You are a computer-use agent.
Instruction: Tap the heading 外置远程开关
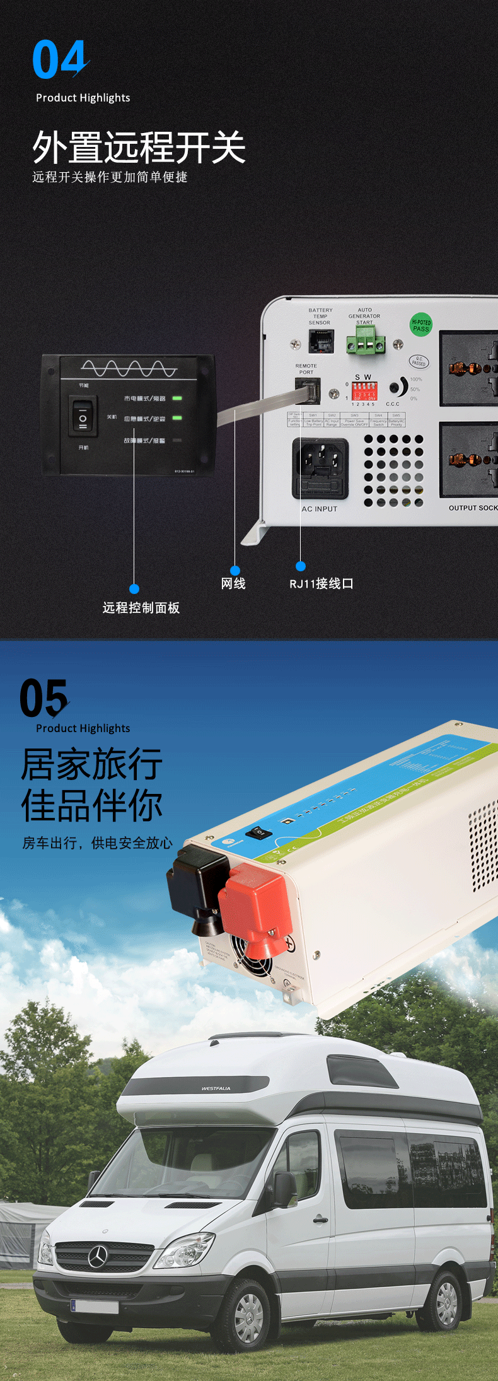139,148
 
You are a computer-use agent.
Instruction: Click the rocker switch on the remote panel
83,417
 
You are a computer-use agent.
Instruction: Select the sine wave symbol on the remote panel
129,368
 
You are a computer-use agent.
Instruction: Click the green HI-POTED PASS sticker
421,325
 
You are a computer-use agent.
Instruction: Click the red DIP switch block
364,391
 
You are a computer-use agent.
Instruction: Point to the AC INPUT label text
320,509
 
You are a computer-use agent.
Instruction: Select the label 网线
233,584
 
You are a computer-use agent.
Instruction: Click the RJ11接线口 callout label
321,584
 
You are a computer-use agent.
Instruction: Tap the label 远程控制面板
141,608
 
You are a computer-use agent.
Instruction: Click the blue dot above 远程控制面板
134,589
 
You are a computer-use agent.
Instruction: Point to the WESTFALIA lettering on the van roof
216,1088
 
